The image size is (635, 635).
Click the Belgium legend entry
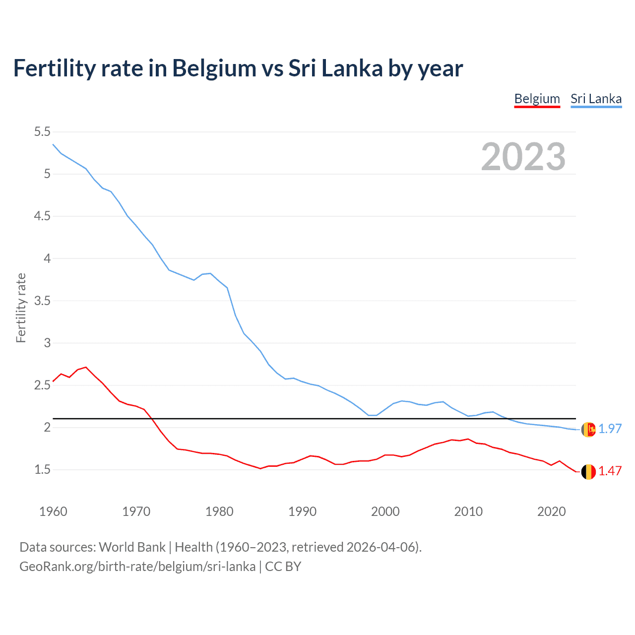click(537, 99)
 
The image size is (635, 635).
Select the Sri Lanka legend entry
click(596, 99)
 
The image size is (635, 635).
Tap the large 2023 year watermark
click(523, 157)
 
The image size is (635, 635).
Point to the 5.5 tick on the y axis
click(42, 131)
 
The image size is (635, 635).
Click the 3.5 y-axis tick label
click(42, 301)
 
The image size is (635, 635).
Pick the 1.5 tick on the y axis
click(42, 469)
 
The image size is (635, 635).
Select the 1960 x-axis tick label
click(53, 511)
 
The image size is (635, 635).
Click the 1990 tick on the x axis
click(302, 511)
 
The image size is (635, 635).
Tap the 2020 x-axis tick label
click(551, 511)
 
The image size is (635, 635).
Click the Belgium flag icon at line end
click(588, 472)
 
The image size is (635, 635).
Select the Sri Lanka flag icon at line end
click(588, 430)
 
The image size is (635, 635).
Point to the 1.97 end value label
click(610, 429)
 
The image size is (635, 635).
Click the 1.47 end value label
click(610, 471)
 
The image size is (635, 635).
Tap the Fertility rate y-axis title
click(21, 308)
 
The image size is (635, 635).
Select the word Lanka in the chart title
click(352, 68)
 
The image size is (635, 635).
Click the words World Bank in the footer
click(132, 547)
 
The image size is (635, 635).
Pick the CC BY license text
click(283, 567)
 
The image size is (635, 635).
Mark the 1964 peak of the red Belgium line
click(86, 367)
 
